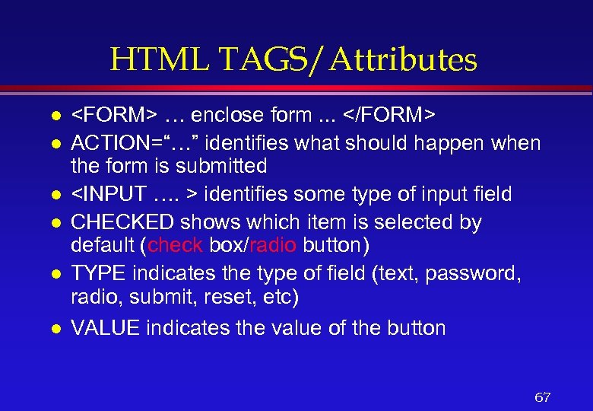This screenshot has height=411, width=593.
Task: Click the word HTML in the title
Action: click(x=146, y=59)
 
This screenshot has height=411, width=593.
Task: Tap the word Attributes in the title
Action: click(x=404, y=59)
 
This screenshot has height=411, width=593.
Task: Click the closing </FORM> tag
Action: click(x=388, y=116)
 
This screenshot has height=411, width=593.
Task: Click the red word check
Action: click(x=176, y=244)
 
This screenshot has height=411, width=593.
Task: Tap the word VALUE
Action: click(x=104, y=328)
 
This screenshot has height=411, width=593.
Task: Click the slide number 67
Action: click(x=543, y=397)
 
